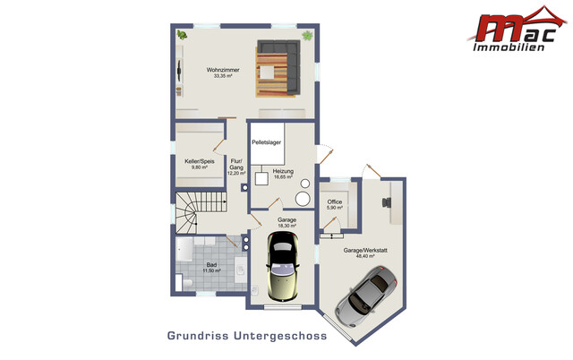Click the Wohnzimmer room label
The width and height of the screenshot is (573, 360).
click(x=223, y=69)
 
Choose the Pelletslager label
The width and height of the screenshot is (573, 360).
click(x=267, y=142)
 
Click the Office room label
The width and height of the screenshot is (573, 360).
click(x=335, y=201)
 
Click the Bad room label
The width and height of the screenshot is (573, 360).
click(x=211, y=265)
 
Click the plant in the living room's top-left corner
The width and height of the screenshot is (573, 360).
click(x=183, y=35)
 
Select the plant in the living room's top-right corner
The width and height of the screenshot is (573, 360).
click(x=307, y=35)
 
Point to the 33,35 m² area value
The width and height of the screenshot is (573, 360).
click(x=223, y=76)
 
